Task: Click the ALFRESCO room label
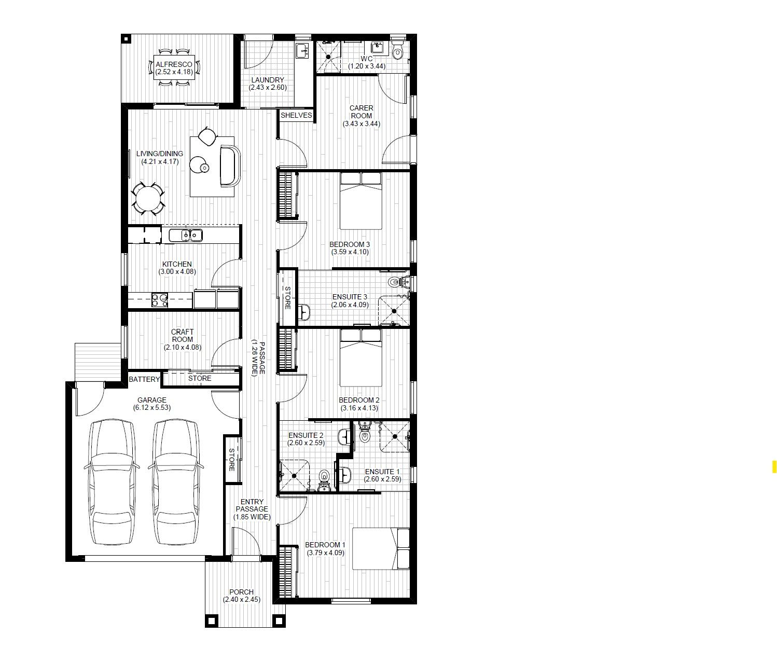(x=177, y=65)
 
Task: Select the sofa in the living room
(x=230, y=165)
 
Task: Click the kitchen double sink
(x=185, y=236)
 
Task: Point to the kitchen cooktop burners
(x=159, y=298)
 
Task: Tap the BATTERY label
(x=144, y=379)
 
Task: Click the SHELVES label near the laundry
(x=296, y=115)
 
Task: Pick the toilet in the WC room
(x=398, y=52)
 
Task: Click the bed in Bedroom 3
(x=361, y=201)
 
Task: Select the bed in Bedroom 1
(x=381, y=549)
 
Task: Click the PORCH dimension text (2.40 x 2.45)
(x=242, y=599)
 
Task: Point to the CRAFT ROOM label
(x=183, y=336)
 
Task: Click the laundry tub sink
(x=301, y=51)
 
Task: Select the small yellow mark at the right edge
(x=774, y=466)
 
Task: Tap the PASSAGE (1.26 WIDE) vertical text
(x=258, y=358)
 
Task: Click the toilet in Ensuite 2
(x=324, y=477)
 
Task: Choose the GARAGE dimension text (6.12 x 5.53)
(x=151, y=407)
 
